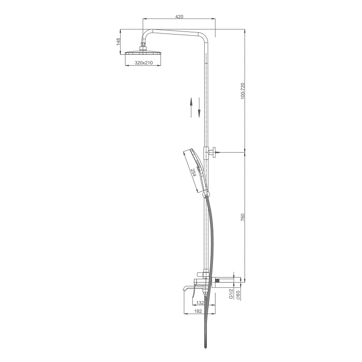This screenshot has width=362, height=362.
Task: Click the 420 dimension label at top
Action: tap(179, 17)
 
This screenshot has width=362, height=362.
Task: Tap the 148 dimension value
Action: tap(119, 42)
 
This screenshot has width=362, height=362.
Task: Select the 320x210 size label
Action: tap(144, 62)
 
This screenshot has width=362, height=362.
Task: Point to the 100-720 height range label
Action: tap(242, 91)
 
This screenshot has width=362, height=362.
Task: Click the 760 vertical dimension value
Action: tap(242, 217)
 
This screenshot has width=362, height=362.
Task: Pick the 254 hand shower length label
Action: tap(193, 172)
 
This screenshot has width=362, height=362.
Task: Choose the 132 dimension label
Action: tap(200, 303)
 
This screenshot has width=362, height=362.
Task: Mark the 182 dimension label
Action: tap(198, 311)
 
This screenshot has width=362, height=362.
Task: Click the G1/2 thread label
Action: tap(231, 294)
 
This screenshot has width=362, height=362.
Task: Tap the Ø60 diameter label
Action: tap(238, 295)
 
